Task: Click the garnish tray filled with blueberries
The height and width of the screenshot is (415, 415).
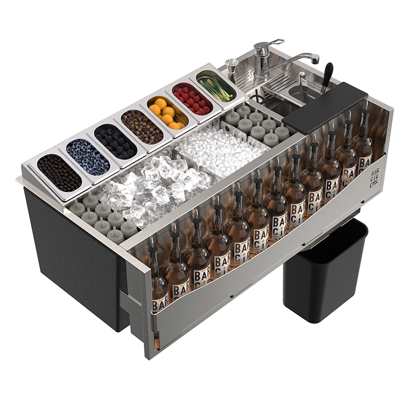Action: [88, 157]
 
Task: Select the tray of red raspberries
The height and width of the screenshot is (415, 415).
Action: [192, 99]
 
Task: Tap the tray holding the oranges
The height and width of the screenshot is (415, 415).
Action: [166, 114]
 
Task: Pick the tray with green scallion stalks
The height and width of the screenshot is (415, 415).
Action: [216, 85]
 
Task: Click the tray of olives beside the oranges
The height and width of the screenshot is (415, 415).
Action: [142, 127]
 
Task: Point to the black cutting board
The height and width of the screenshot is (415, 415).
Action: [326, 107]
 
